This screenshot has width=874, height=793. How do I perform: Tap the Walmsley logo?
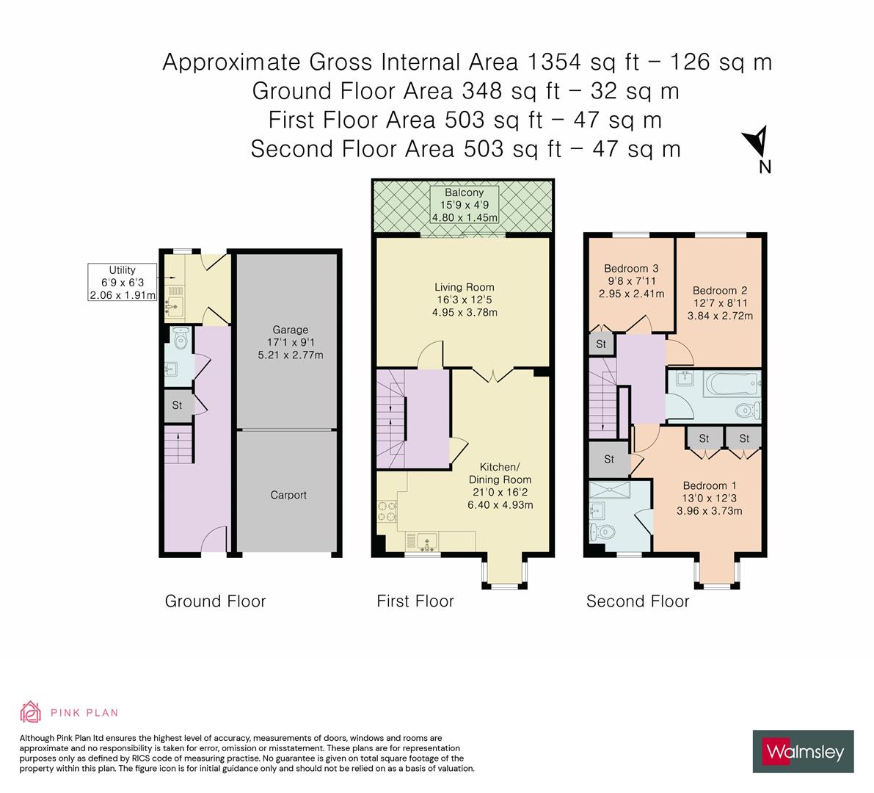point(803,751)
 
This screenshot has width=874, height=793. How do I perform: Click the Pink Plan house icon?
point(31,711)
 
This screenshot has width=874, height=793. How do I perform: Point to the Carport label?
point(288,495)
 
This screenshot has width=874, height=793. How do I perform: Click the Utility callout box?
point(122,283)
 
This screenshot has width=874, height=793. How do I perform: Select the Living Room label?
point(464,300)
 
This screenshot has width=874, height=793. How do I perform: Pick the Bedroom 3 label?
point(632,280)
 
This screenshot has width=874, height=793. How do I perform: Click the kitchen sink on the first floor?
point(426,542)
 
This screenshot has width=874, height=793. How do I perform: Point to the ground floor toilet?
point(180,339)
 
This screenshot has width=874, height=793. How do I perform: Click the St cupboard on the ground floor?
point(177,405)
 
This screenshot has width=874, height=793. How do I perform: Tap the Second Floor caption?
point(637,601)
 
